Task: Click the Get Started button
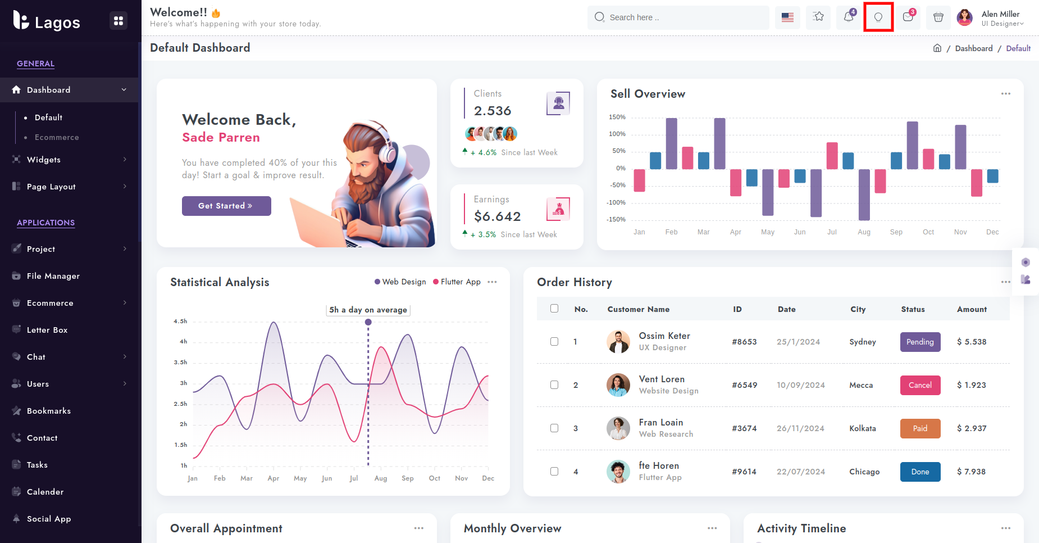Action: point(226,206)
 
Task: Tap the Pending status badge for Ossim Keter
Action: point(920,342)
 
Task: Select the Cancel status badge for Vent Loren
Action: point(920,385)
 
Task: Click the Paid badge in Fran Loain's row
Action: point(920,428)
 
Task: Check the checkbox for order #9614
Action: point(554,472)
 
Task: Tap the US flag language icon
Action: point(787,17)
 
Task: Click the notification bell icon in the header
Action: point(849,17)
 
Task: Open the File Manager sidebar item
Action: point(53,276)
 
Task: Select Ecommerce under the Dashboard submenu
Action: point(57,137)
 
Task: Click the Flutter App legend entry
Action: point(460,282)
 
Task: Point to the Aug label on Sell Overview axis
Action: point(864,232)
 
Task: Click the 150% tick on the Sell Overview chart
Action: point(617,117)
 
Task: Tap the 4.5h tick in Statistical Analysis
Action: point(180,321)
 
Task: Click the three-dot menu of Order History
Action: point(1005,282)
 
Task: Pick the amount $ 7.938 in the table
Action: point(972,472)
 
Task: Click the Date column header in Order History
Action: point(786,309)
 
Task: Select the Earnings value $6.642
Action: point(497,216)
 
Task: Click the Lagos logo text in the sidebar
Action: point(57,22)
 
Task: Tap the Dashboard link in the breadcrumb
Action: point(973,48)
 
